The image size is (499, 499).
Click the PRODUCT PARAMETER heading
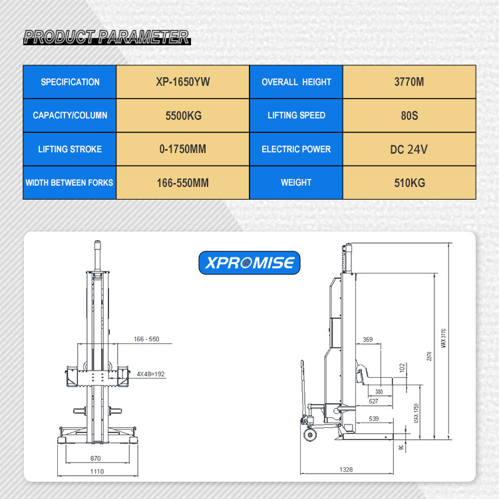(106, 37)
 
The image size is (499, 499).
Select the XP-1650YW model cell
(182, 82)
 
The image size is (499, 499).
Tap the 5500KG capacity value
(183, 115)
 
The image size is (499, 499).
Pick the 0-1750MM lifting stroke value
(182, 149)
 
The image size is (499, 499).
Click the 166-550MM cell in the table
(182, 182)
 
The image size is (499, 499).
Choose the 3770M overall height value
(409, 82)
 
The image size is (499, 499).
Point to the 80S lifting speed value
(409, 115)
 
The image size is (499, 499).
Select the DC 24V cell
(409, 149)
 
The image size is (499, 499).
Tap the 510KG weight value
(409, 182)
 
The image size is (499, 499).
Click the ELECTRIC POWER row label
(296, 149)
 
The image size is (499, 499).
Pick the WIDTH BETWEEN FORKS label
(69, 182)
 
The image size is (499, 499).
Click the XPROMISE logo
(249, 263)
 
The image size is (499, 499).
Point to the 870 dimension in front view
(96, 459)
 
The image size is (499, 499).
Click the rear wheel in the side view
(310, 435)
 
